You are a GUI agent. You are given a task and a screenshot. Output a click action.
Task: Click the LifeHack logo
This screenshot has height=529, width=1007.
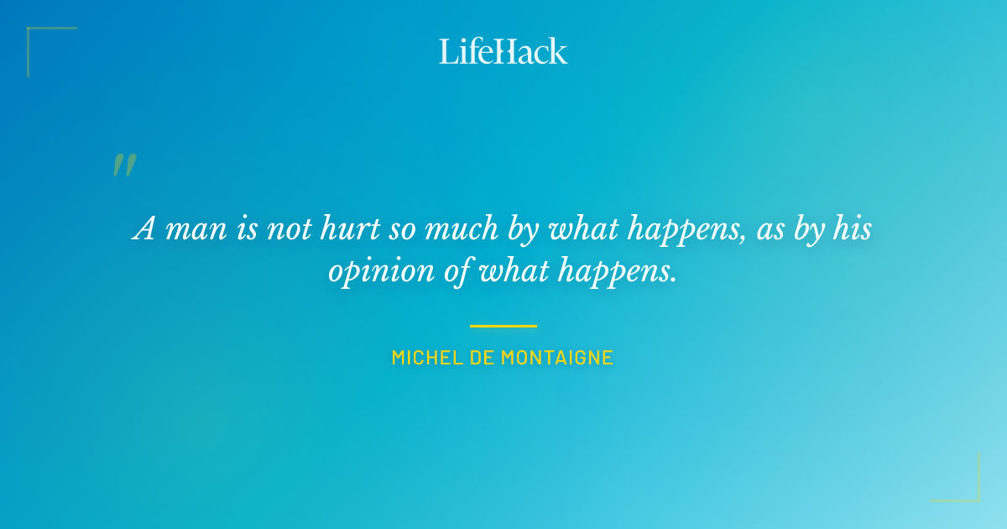pyautogui.click(x=503, y=51)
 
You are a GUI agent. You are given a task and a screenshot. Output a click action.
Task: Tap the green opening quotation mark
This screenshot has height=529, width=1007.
pyautogui.click(x=123, y=165)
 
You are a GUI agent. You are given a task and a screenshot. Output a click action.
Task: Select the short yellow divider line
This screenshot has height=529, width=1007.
pyautogui.click(x=503, y=326)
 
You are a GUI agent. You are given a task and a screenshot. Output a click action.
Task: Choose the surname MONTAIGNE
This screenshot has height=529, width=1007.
pyautogui.click(x=557, y=358)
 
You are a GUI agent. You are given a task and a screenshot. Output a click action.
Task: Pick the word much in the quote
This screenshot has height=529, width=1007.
pyautogui.click(x=461, y=229)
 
